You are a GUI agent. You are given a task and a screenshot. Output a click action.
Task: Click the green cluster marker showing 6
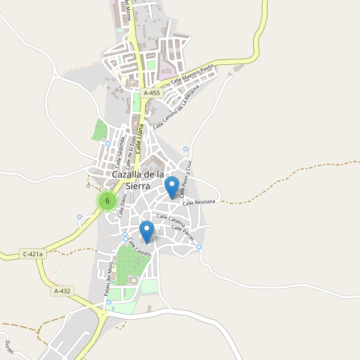(x=107, y=200)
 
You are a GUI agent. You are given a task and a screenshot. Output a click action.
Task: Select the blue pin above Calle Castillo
(x=146, y=232)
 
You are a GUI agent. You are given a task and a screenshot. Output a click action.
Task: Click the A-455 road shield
(x=152, y=93)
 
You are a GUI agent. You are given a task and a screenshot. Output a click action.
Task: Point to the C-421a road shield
(x=32, y=254)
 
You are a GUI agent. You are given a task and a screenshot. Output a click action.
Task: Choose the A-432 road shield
(x=62, y=291)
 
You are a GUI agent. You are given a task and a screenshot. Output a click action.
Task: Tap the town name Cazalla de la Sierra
(x=139, y=179)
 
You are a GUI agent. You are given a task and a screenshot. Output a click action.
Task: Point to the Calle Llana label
(x=140, y=139)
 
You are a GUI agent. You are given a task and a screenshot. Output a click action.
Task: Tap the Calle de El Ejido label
(x=131, y=153)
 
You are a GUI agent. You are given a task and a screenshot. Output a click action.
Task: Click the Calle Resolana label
(x=199, y=203)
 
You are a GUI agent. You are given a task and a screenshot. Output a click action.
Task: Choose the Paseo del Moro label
(x=109, y=279)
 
